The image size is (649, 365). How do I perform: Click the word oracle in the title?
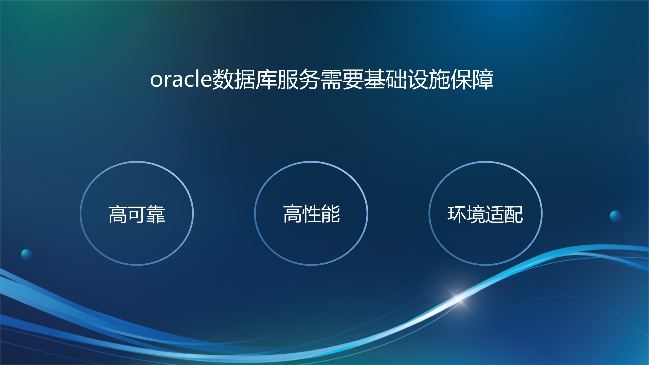point(181,80)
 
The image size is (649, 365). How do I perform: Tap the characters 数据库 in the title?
point(244,80)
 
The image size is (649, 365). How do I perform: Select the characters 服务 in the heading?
point(298,80)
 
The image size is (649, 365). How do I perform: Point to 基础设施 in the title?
point(407,80)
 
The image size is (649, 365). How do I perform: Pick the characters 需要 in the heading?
point(342,80)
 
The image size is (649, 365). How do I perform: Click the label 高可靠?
point(137,214)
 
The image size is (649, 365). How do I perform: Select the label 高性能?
point(311,214)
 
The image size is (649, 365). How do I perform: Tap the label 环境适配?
point(485,214)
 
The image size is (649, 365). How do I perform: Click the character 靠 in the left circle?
point(156,214)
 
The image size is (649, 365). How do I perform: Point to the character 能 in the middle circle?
point(330,214)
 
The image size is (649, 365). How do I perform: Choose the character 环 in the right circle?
point(457,214)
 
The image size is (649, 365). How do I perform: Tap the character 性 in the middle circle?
point(311,214)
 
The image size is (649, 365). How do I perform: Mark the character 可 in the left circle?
point(137,214)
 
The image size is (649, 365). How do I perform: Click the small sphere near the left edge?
point(27,254)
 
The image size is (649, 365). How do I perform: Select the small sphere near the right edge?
point(616,216)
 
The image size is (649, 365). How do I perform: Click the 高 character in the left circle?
point(118,214)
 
